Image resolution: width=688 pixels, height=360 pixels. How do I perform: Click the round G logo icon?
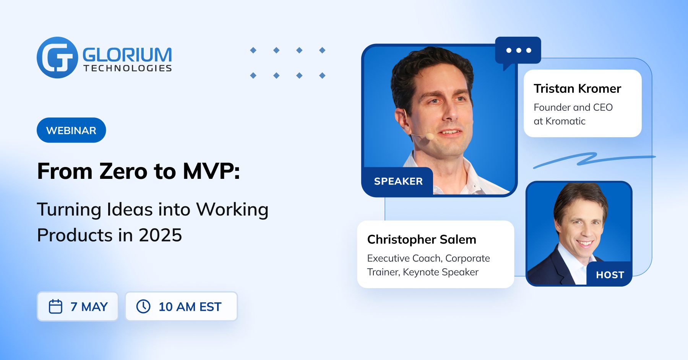point(57,58)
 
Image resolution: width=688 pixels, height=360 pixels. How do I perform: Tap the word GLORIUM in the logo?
point(127,55)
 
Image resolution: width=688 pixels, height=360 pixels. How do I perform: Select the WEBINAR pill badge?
point(71,130)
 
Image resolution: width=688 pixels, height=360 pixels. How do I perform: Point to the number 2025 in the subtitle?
point(160,235)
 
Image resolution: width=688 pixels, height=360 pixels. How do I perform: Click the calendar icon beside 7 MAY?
point(55,306)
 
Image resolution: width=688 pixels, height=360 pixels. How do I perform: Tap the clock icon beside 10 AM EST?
point(143,306)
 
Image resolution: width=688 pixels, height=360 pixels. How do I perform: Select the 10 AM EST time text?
point(190,306)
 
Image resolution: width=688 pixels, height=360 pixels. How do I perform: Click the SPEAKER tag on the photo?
point(398,181)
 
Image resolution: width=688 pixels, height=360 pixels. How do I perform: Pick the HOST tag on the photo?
point(610,275)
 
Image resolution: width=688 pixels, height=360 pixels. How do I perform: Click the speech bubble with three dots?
point(518,50)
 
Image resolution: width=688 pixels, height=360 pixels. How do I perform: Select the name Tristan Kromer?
point(577,89)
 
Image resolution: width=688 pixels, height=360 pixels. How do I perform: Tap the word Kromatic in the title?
point(565,121)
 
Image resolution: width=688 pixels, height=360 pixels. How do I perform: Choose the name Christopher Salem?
point(422,240)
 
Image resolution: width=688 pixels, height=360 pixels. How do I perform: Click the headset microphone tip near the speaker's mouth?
point(430,136)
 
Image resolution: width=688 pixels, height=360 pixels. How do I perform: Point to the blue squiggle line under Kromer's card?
point(589,159)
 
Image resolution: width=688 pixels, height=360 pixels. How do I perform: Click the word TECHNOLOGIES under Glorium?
point(128,68)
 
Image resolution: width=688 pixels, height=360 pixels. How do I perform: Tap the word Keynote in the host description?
point(421,272)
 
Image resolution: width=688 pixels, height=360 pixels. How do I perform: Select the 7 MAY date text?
point(89,306)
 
